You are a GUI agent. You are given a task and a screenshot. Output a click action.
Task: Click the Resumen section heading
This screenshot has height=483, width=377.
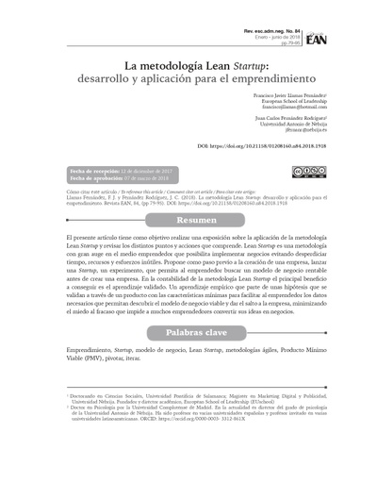click(188, 219)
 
